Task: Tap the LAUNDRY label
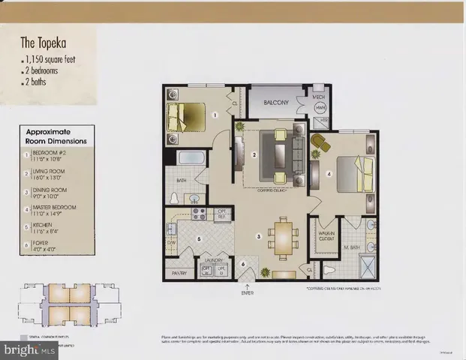tap(215, 260)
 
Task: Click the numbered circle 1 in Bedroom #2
tap(215, 115)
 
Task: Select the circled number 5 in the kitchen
tap(198, 239)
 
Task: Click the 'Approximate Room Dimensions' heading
tap(56, 135)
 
